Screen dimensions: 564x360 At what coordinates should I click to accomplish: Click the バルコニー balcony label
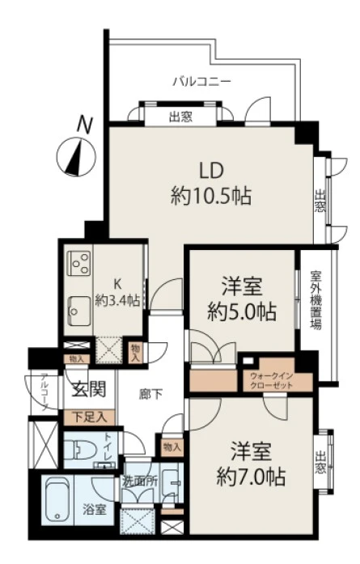click(202, 81)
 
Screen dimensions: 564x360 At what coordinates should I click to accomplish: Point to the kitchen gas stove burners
click(80, 264)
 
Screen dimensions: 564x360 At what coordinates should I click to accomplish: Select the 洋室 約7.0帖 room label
click(249, 464)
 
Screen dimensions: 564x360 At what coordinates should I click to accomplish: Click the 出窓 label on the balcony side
click(180, 116)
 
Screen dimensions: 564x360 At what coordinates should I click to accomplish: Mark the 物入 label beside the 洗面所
click(171, 447)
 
